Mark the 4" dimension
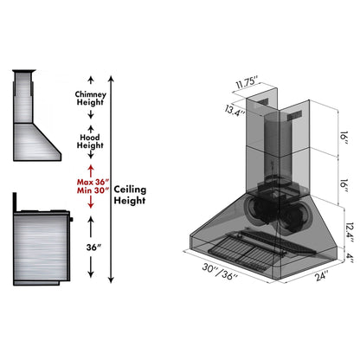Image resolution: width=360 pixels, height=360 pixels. pyautogui.click(x=348, y=255)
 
